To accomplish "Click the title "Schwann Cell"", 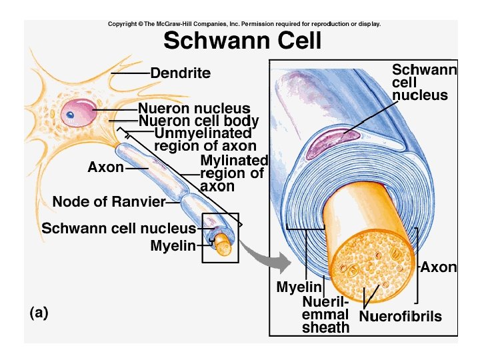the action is [x=243, y=41].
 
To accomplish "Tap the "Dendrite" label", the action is [x=180, y=73].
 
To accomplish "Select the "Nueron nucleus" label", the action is [x=194, y=108].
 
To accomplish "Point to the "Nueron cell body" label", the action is [x=199, y=121].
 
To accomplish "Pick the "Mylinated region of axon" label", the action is [x=233, y=173].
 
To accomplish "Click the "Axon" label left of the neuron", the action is [x=106, y=167].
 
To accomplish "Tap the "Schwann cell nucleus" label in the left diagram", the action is [x=119, y=228].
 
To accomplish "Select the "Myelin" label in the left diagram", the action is [x=173, y=246].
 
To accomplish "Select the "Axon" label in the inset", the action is [x=439, y=267].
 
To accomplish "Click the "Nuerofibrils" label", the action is [x=400, y=316].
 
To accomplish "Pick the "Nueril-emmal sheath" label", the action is [x=325, y=315].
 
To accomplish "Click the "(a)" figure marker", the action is [x=39, y=312].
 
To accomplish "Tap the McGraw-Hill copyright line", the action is [x=244, y=24].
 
